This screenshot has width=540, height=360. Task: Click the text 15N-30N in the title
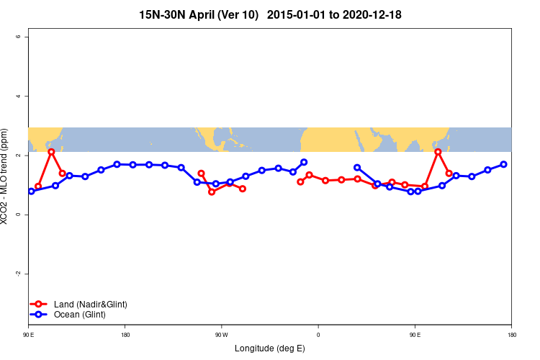tap(163, 14)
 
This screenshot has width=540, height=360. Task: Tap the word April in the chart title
tap(204, 14)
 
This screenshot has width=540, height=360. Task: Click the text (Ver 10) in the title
tap(240, 14)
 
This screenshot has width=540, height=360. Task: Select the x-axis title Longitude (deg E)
tap(270, 348)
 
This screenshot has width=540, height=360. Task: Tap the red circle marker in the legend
tap(40, 305)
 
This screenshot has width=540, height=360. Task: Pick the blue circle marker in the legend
tap(40, 315)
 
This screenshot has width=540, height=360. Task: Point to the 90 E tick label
tap(29, 335)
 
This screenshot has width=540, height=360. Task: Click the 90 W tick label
tap(221, 335)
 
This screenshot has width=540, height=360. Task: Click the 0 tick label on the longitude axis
tap(318, 335)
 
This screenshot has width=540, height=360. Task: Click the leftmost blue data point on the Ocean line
tap(32, 191)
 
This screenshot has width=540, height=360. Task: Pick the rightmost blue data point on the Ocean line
tap(504, 164)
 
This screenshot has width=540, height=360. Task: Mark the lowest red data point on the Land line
tap(212, 192)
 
